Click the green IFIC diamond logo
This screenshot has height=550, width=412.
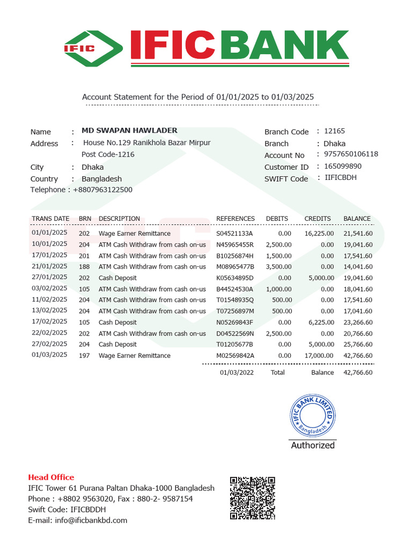pos(94,48)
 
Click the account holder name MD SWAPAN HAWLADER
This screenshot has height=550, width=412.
pos(129,131)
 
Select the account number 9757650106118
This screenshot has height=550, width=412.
pos(351,154)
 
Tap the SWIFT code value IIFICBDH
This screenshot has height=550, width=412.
pos(341,178)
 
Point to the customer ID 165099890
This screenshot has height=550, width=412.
pos(343,167)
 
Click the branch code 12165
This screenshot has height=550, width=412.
pos(335,131)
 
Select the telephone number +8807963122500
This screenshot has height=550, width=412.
pos(102,190)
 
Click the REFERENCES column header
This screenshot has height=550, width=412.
pos(236,219)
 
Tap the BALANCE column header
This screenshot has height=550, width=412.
pos(357,219)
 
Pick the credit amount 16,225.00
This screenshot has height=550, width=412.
pos(319,234)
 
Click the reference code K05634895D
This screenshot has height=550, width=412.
pos(234,278)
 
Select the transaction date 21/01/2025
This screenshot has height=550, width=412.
pos(49,266)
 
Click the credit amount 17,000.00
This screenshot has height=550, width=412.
pos(319,356)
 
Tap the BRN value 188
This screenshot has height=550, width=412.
pos(84,267)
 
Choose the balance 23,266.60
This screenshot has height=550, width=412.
pos(358,322)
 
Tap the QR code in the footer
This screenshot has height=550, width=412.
pos(253,498)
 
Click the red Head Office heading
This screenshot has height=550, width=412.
pos(51,477)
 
